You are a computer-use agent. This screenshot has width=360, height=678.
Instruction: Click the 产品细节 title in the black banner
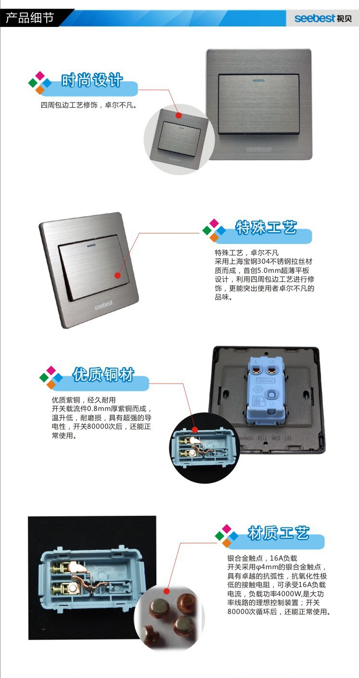pos(30,18)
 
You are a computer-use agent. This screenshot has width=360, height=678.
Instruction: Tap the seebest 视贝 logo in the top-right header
pos(323,18)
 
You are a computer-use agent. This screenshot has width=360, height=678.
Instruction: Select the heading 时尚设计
pos(92,80)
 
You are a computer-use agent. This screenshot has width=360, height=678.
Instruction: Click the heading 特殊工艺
pos(266,227)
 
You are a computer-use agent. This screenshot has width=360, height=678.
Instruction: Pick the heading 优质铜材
pos(103,375)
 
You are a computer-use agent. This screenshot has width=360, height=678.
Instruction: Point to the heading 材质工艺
pos(279,533)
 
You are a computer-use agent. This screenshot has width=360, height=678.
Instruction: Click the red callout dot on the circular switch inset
pos(179,115)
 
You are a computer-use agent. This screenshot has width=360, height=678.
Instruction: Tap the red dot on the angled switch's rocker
pos(117,275)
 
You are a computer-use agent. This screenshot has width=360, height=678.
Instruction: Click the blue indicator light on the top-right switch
pos(258,81)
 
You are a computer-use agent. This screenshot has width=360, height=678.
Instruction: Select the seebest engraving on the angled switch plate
pos(103,305)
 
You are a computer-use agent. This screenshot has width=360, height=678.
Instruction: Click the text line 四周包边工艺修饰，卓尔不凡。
pos(89,105)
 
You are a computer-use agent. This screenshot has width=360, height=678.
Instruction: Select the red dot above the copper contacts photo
pos(166,591)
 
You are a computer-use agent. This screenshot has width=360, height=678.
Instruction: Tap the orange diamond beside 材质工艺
pos(227,542)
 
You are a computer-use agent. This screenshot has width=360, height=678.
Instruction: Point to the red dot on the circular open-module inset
pos(195,430)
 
